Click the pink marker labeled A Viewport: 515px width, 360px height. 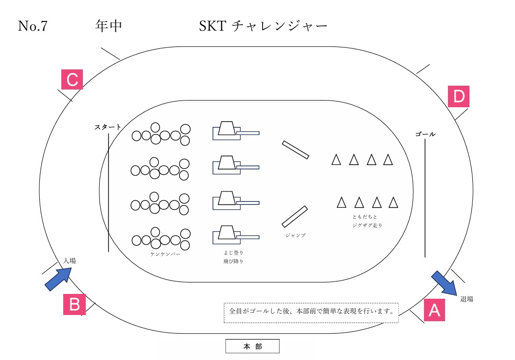pos(434,310)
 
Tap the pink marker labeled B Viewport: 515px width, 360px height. pos(74,304)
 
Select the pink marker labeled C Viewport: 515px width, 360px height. pos(72,79)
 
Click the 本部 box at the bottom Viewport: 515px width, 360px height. pos(252,346)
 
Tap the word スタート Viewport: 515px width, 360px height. pos(107,127)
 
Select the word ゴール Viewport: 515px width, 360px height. pos(425,135)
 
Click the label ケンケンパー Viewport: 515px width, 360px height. pos(165,254)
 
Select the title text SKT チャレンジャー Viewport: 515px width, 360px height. pos(263,26)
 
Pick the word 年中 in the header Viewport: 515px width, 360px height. pos(108,26)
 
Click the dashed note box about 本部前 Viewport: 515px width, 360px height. pos(311,312)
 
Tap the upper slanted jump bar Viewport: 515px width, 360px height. pos(295,150)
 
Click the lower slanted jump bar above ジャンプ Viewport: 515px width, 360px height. pos(294,216)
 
